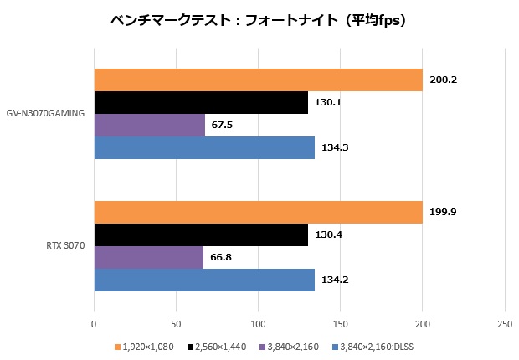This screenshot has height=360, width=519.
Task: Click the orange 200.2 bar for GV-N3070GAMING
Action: coord(258,80)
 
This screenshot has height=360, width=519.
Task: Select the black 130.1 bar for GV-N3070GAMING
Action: coord(201,102)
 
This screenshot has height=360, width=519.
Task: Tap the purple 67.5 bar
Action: coord(149,125)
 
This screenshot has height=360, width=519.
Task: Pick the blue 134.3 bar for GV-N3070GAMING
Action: coord(204,147)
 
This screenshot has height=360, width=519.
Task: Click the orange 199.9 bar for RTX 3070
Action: coord(258,213)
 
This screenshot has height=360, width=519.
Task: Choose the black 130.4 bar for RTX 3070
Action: coord(201,235)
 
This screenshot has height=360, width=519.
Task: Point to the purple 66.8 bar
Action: coord(148,258)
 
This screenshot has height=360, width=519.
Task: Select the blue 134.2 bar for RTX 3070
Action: coord(204,280)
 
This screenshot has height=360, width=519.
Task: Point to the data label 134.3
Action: coord(335,148)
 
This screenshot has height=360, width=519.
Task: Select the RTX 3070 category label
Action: coord(64,247)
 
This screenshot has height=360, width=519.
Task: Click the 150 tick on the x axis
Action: coord(340,323)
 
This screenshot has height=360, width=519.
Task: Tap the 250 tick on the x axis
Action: coord(504,323)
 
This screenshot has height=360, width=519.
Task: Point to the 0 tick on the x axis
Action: coord(94,323)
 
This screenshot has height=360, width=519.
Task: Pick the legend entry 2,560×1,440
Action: coord(220,346)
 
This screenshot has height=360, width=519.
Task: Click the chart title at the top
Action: coord(259,19)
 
